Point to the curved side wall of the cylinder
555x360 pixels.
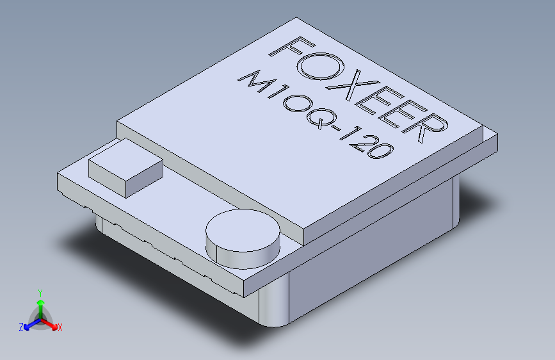coord(243,258)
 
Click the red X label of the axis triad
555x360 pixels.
coord(60,328)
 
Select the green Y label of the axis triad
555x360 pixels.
coord(40,291)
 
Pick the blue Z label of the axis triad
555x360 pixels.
coord(21,327)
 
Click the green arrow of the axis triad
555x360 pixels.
coord(40,304)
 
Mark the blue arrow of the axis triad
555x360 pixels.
coord(29,325)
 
